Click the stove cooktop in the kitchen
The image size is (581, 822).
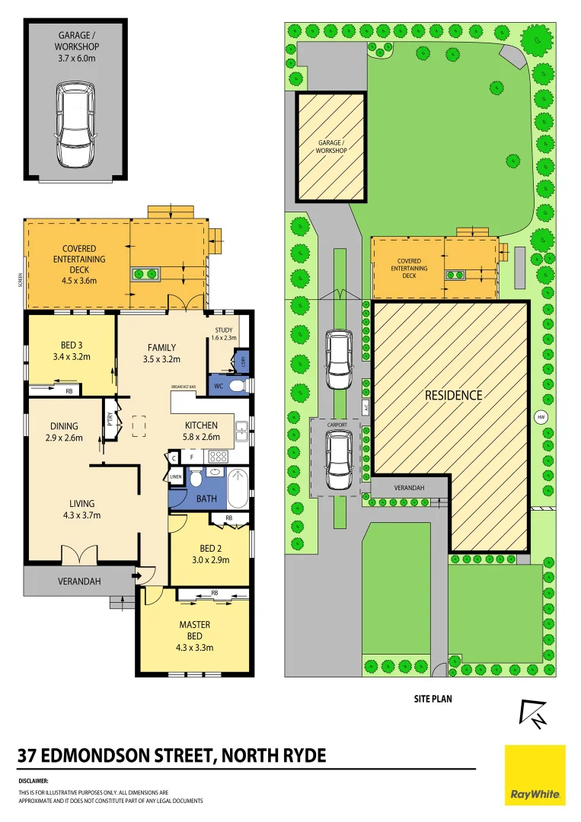tap(219, 457)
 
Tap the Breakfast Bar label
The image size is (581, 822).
tap(184, 387)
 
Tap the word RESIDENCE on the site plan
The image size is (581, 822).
tap(453, 395)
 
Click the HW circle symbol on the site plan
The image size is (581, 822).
tap(541, 417)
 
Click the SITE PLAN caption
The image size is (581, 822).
tap(433, 697)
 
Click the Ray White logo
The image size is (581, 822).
tap(535, 774)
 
